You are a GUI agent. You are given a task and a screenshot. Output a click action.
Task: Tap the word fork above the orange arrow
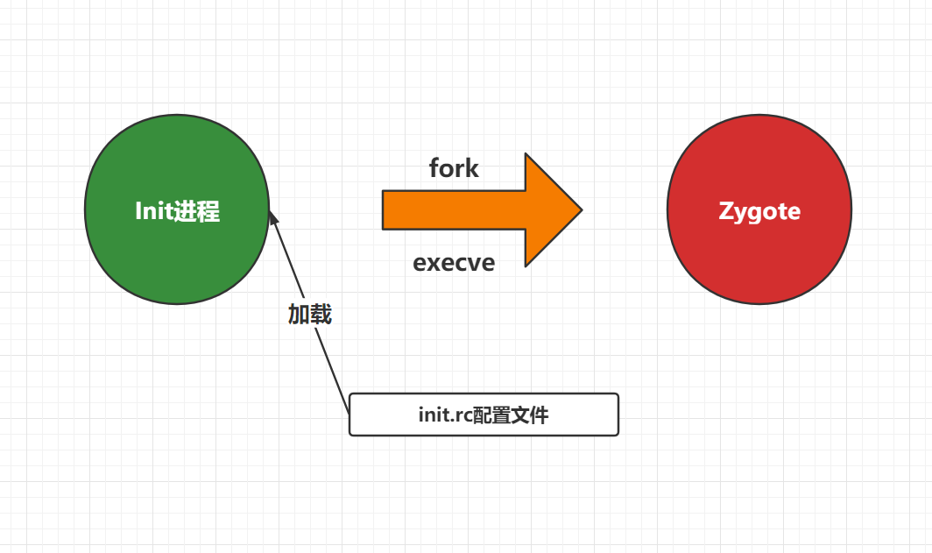click(454, 168)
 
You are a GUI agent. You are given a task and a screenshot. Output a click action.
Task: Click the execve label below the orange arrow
click(454, 263)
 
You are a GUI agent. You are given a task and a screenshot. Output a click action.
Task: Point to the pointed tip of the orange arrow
click(582, 209)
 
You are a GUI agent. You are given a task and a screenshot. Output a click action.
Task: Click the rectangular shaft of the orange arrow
click(454, 210)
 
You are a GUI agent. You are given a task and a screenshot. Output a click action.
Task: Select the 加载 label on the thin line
click(310, 314)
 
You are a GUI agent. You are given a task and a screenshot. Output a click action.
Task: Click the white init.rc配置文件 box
click(484, 415)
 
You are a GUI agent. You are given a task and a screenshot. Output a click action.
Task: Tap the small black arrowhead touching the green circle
click(273, 218)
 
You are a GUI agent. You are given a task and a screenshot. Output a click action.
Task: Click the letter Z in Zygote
click(726, 210)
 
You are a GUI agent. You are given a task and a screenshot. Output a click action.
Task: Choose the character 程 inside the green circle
click(208, 211)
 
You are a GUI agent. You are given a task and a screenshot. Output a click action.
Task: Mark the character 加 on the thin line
click(299, 314)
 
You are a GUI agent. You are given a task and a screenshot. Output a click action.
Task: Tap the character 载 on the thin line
click(321, 314)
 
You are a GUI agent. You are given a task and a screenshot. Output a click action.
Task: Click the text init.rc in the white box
click(441, 415)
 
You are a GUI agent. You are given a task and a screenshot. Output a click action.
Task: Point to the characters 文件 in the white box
click(527, 415)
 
